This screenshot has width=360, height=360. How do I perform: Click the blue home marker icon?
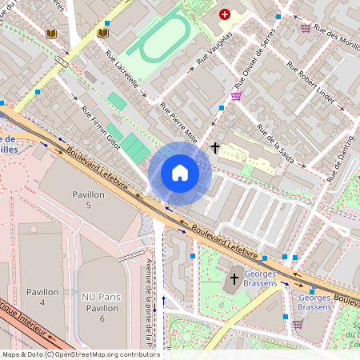180,173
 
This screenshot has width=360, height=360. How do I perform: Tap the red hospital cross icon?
225,14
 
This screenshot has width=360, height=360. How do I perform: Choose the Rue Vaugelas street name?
214,49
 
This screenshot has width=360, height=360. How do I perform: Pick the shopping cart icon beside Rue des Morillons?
306,27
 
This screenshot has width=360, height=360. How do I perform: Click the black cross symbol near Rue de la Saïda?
215,147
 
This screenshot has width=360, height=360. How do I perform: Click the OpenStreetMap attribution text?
80,354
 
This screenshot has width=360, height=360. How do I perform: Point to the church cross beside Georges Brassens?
234,278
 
